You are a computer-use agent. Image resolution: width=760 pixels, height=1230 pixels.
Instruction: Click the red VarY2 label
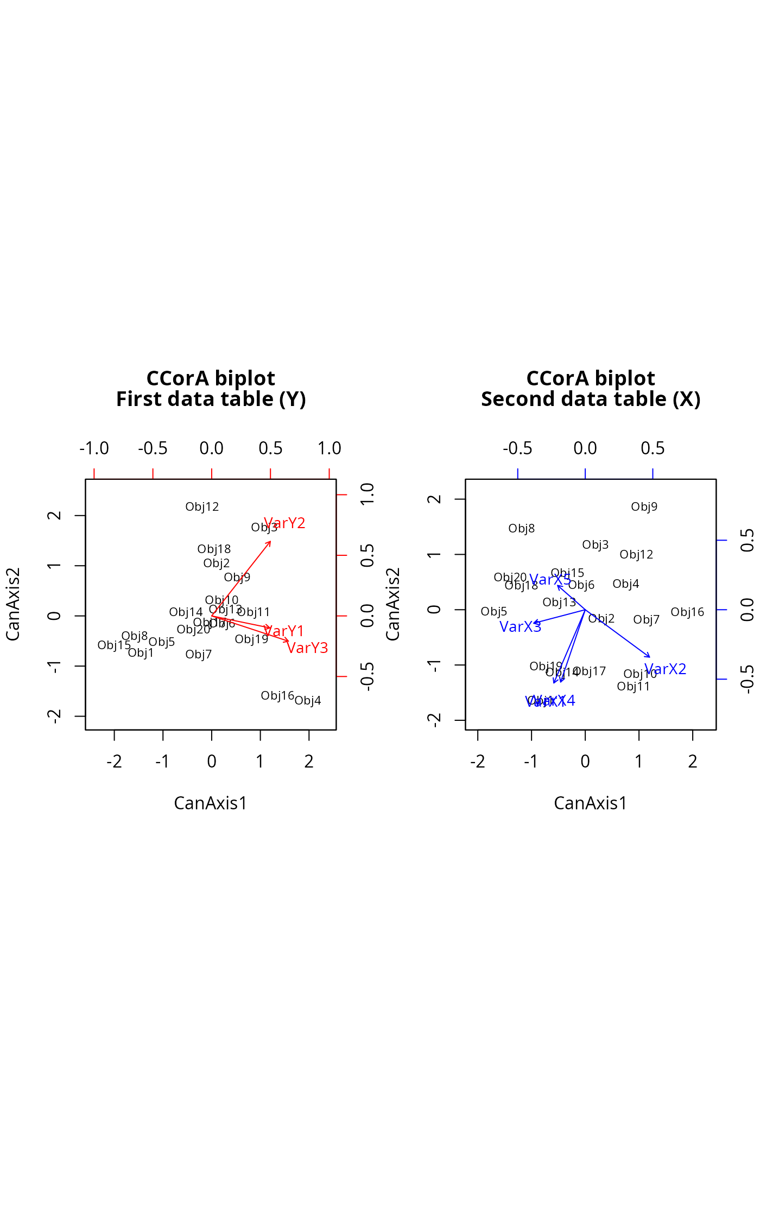[x=284, y=523]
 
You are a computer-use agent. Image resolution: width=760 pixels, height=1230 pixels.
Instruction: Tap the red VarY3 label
[x=307, y=648]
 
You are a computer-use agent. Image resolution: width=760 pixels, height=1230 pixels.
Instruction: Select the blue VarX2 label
[x=665, y=669]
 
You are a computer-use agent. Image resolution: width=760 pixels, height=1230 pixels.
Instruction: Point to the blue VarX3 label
[x=520, y=627]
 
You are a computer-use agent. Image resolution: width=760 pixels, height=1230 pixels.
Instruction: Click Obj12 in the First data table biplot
[x=202, y=507]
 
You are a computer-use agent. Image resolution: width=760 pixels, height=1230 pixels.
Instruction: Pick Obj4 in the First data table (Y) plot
[x=308, y=701]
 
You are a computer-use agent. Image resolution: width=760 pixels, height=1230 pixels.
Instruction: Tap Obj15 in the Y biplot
[x=114, y=645]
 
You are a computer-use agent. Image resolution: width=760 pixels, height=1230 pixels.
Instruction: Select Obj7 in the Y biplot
[x=199, y=655]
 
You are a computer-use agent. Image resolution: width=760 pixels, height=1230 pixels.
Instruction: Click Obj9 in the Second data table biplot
[x=644, y=507]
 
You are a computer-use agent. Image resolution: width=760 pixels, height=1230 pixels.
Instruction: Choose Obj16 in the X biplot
[x=687, y=612]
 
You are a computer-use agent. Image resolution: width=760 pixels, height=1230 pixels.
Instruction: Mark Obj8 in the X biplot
[x=522, y=529]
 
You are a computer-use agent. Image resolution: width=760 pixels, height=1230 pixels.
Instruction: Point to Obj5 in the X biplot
[x=494, y=612]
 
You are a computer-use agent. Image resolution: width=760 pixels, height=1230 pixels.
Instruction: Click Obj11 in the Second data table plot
[x=634, y=687]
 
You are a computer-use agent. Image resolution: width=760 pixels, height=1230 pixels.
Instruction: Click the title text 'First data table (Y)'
[x=211, y=400]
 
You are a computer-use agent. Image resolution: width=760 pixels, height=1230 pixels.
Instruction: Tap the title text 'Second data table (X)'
[x=591, y=400]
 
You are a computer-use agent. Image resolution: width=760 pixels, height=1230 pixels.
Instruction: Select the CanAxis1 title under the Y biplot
[x=211, y=803]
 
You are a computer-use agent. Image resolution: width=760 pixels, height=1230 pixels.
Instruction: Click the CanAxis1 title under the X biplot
[x=591, y=803]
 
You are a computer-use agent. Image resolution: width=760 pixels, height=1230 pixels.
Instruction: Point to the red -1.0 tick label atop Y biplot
[x=94, y=449]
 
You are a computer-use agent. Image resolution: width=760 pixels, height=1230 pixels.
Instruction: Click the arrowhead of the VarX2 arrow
[x=649, y=657]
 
